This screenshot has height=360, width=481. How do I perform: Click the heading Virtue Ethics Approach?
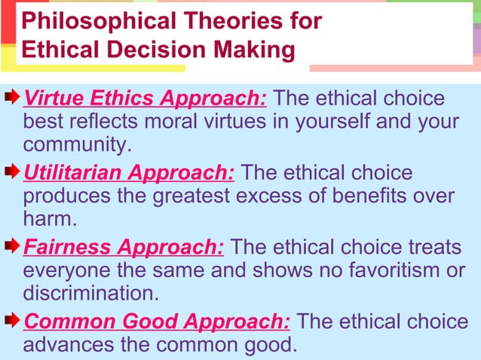pyautogui.click(x=146, y=99)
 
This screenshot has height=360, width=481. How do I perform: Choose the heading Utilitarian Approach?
pyautogui.click(x=129, y=172)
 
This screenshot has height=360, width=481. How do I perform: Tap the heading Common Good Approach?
pyautogui.click(x=157, y=322)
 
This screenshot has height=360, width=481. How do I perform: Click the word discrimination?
pyautogui.click(x=90, y=292)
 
